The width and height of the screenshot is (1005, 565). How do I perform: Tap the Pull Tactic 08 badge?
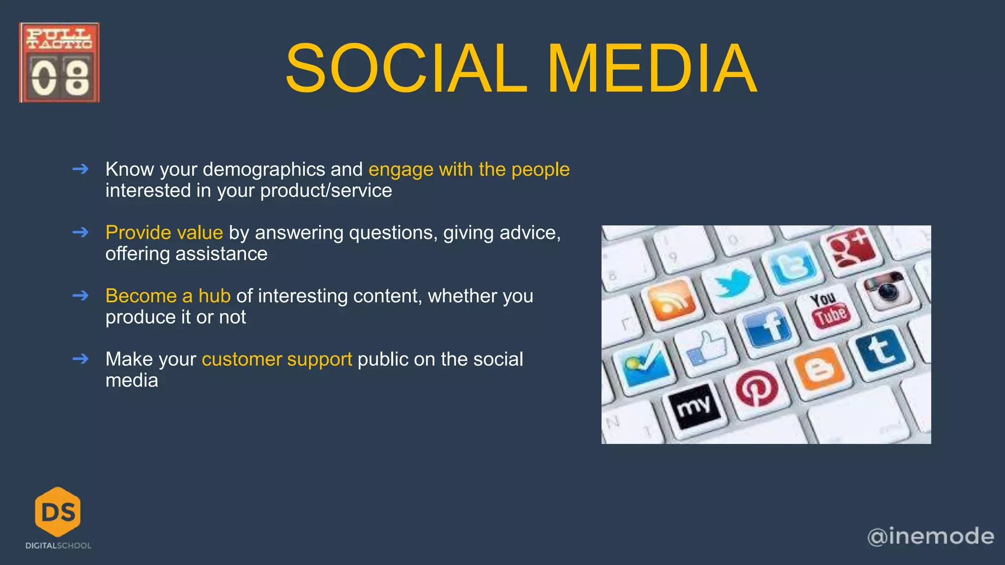59,63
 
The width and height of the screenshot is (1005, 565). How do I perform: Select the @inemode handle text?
930,536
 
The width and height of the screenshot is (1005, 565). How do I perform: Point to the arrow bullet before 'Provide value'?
80,232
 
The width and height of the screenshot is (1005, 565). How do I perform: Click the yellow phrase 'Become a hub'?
168,296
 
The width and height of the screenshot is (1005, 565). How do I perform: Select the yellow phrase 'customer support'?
277,359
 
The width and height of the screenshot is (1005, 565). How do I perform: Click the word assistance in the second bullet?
221,254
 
